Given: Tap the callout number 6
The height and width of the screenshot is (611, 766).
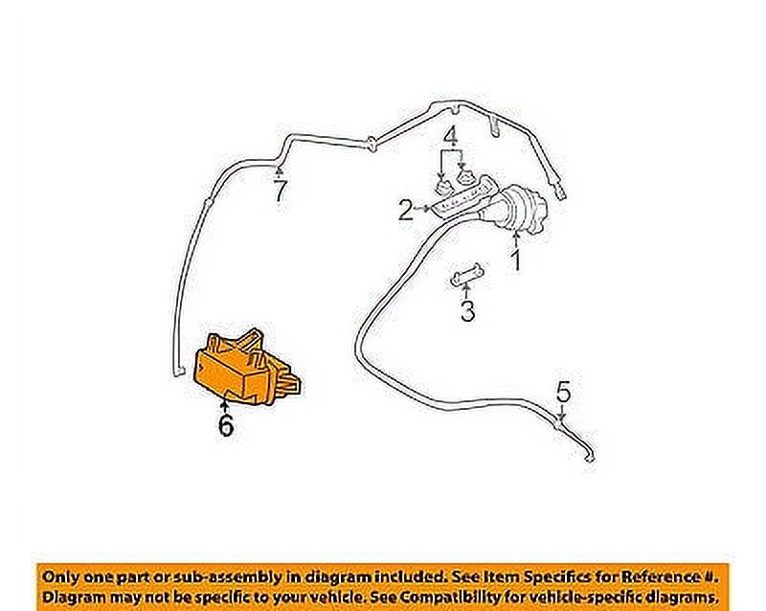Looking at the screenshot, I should click(x=225, y=425).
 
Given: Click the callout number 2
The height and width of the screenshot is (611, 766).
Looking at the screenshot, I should click(x=406, y=210).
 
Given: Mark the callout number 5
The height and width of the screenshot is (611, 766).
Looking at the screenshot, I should click(x=563, y=392).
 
